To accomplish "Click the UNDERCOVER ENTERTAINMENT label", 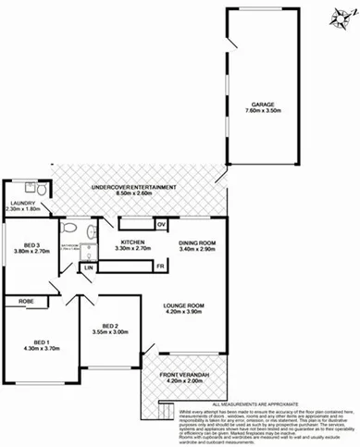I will coord(134,188).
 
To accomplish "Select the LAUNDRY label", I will coord(22,203).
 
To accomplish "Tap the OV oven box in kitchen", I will coord(160,225).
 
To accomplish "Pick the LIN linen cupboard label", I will coord(89,268).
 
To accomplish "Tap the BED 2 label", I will coord(111,326).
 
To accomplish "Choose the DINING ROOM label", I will coord(196,242).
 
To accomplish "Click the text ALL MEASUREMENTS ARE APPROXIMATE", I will coord(266,404).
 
